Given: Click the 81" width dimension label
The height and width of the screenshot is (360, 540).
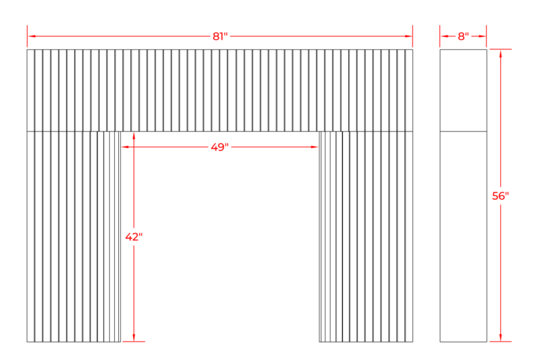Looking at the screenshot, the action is tap(220, 36).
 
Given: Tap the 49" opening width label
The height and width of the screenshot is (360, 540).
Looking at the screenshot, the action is tap(220, 147).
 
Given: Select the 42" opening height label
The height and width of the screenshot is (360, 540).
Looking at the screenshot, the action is tap(134, 237).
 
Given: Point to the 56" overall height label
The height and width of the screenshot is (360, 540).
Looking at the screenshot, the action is tap(500, 196).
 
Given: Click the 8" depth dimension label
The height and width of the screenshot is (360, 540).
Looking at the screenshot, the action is tap(463, 36).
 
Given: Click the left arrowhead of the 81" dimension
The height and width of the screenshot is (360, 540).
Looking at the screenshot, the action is tap(31, 36).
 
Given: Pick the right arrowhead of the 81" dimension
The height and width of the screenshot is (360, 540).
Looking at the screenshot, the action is tap(408, 36).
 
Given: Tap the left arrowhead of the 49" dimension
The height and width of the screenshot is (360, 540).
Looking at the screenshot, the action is tap(125, 147).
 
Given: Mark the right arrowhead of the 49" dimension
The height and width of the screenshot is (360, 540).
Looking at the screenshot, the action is tap(315, 147).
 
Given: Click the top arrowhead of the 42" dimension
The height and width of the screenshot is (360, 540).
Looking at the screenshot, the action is tap(134, 136).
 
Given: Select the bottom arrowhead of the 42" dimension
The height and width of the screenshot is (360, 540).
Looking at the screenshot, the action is tap(134, 338).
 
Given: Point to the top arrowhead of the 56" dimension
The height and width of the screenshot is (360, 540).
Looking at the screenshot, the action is tap(500, 53).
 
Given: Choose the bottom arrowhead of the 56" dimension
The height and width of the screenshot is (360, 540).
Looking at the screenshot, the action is tap(500, 338).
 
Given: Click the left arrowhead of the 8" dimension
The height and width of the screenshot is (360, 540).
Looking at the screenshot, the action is tap(444, 36).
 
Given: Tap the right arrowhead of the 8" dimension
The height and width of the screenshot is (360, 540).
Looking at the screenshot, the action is tap(482, 36).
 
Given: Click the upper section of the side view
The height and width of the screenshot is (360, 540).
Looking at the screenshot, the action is tap(463, 91).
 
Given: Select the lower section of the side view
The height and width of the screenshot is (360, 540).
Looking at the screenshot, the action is tap(463, 236).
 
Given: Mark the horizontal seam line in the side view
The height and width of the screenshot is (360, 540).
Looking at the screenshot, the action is tap(463, 131).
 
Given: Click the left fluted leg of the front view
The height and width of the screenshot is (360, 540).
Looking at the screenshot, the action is tap(74, 236).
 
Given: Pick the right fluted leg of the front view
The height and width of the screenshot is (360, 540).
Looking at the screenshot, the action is tap(366, 236).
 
